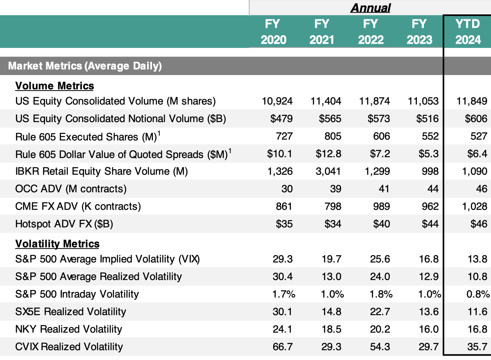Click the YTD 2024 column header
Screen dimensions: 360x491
(x=468, y=32)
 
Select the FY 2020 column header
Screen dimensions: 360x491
(x=273, y=32)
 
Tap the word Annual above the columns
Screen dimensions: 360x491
(x=371, y=8)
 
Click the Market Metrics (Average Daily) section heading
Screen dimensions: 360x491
(x=85, y=66)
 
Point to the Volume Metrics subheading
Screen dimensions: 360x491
(x=54, y=86)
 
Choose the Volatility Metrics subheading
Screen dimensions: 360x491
(x=57, y=244)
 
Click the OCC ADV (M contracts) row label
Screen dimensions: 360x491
(x=71, y=189)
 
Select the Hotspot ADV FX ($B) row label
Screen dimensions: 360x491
(x=64, y=224)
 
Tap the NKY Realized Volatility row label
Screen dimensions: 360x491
(x=69, y=329)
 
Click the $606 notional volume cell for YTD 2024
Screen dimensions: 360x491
(x=476, y=119)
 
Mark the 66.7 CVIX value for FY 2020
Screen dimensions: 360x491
(x=283, y=347)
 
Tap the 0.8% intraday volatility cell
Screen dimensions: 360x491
(x=478, y=294)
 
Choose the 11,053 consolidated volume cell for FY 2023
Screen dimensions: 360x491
(x=423, y=101)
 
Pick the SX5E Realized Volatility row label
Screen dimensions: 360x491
(x=71, y=312)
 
